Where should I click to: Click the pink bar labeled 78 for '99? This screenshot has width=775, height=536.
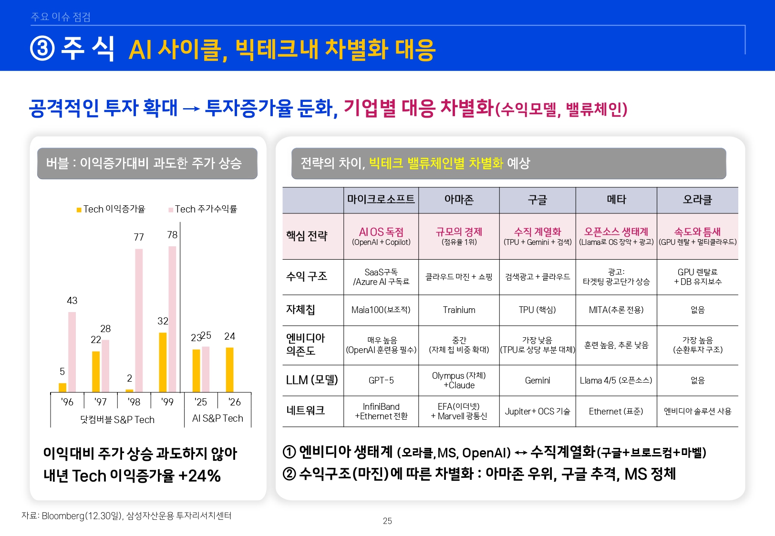[172, 319]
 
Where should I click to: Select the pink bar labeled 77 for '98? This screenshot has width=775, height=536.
[139, 320]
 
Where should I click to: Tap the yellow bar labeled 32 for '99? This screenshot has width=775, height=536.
[163, 362]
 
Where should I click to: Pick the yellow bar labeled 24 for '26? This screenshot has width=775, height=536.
[229, 370]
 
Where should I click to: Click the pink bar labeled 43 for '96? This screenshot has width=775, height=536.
[72, 352]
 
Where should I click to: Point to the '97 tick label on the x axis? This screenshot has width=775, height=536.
[101, 402]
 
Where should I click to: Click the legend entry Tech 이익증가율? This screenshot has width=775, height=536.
[111, 209]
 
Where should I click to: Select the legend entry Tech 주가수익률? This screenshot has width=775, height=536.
[203, 209]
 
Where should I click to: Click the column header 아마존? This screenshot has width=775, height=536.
[459, 200]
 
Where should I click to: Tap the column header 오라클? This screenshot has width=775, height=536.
[697, 200]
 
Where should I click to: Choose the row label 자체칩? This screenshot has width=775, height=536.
[300, 310]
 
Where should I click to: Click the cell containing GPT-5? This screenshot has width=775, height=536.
[381, 380]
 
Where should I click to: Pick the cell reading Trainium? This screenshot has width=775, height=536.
[459, 310]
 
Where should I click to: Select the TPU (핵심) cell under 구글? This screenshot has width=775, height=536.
[537, 310]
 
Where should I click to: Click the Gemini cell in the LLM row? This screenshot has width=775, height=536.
[537, 380]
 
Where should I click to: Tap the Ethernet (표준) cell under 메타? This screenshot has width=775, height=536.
[616, 411]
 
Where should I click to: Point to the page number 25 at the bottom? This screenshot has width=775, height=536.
[387, 521]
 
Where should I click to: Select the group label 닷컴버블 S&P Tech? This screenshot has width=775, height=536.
[117, 420]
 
